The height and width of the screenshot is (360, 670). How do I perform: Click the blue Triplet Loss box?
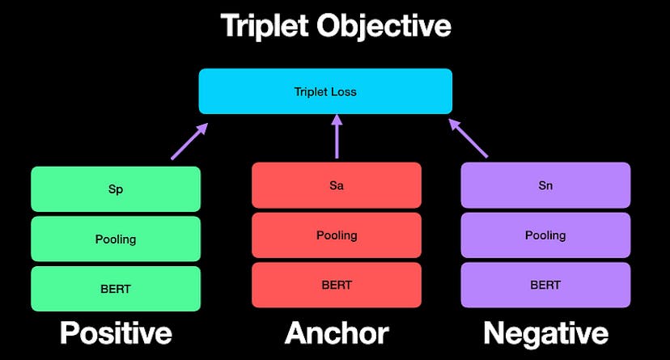tap(325, 91)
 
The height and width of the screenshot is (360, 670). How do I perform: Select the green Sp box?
tap(116, 189)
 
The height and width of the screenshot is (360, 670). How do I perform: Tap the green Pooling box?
tap(116, 239)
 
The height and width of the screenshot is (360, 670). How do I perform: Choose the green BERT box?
tap(116, 288)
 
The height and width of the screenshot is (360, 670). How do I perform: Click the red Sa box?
tap(337, 185)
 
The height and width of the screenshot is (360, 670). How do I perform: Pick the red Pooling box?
tap(337, 235)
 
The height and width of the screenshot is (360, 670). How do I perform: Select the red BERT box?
tap(337, 285)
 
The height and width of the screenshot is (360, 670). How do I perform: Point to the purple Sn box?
tap(545, 185)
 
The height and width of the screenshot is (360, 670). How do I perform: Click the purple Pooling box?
tap(545, 235)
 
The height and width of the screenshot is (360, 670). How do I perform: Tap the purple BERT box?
tap(545, 285)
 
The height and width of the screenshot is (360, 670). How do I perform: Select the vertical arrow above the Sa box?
tap(337, 136)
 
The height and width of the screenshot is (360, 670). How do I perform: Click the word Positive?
tap(116, 333)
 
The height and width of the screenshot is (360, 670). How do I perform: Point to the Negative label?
tap(545, 333)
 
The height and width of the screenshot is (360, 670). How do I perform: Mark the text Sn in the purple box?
tap(545, 185)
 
